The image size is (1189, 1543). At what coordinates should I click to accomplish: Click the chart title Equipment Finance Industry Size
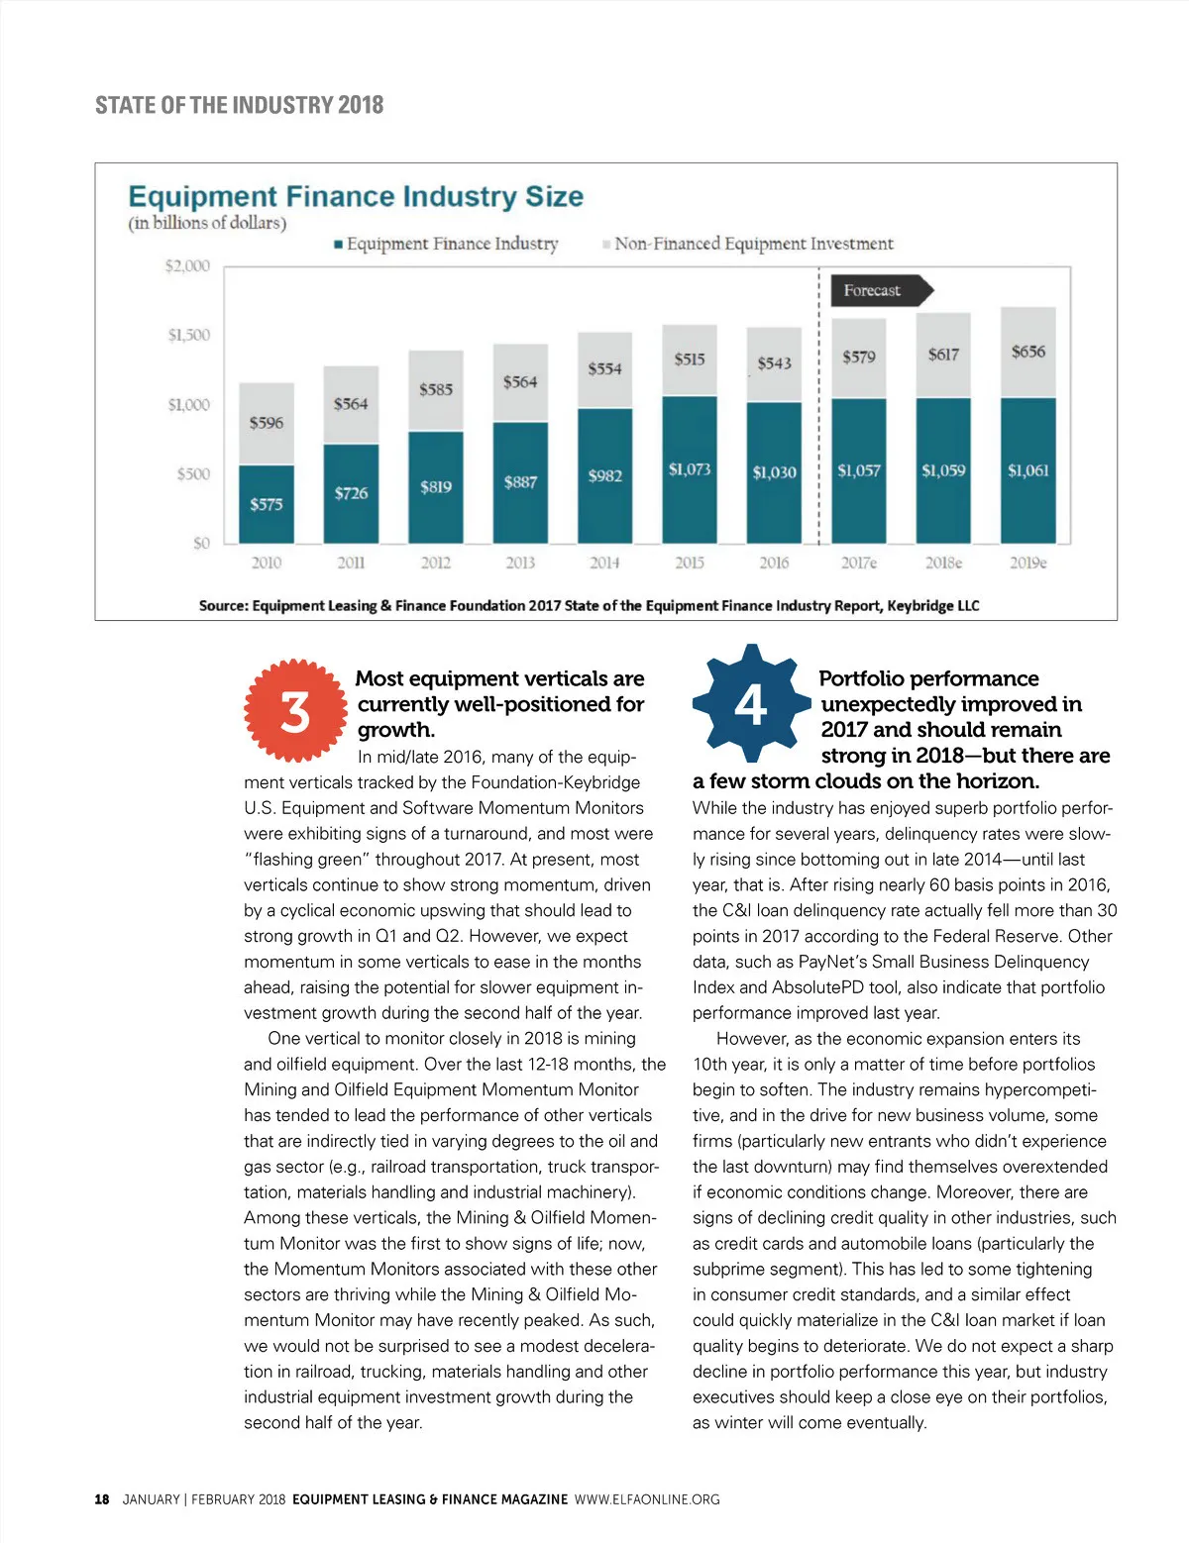pos(356,196)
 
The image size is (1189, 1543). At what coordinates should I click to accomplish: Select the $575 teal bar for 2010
pos(267,504)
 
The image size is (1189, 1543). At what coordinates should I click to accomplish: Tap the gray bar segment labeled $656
pos(1027,352)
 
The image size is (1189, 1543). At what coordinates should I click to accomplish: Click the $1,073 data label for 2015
pos(690,469)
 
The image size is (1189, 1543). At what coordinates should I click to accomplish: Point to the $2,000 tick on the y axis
pos(187,265)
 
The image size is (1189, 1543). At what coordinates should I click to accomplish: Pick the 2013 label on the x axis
pos(520,563)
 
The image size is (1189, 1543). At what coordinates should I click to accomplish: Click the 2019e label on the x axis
pos(1027,563)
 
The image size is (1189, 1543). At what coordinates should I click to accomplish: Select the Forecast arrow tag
pos(876,290)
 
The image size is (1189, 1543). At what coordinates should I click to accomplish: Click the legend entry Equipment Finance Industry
pos(446,244)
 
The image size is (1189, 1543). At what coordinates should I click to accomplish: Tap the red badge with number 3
pos(295,711)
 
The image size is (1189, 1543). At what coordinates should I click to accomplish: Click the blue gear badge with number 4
pos(750,704)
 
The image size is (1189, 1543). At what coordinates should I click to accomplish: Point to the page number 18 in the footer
pos(102,1499)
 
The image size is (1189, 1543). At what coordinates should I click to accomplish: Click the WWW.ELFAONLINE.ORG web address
pos(647,1499)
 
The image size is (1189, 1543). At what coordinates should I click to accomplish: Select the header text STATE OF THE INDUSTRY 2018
pos(239,105)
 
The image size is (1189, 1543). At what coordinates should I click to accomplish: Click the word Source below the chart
pos(222,605)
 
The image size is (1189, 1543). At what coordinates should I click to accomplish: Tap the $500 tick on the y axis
pos(193,473)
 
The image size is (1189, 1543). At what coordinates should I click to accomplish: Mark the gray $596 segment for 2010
pos(267,423)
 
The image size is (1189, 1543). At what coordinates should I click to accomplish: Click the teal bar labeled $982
pos(604,475)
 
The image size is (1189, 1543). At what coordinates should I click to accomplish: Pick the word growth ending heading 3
pos(395,730)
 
